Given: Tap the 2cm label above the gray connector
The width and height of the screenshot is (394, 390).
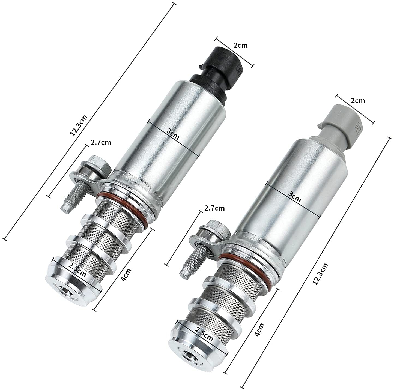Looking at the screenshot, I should [358, 101].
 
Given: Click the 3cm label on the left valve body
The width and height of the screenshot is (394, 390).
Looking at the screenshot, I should [173, 134].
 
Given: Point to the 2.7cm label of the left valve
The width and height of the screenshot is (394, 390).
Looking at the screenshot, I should [101, 142].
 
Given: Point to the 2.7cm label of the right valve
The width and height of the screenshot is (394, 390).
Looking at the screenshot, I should [214, 208].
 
